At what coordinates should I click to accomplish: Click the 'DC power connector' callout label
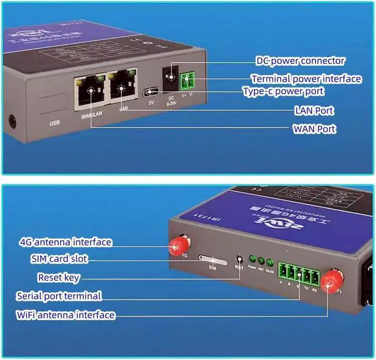300,60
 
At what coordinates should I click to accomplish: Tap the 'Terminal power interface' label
307,79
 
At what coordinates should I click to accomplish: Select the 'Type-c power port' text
283,92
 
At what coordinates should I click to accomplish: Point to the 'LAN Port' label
314,110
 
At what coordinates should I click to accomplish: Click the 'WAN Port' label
314,129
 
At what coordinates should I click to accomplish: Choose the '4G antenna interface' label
65,241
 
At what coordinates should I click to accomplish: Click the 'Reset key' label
59,277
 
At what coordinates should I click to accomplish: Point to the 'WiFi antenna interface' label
65,315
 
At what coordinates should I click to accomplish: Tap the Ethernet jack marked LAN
122,89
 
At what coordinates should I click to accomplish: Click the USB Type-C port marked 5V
150,91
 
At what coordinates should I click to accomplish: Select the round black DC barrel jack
171,78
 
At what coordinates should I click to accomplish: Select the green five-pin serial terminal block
296,273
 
